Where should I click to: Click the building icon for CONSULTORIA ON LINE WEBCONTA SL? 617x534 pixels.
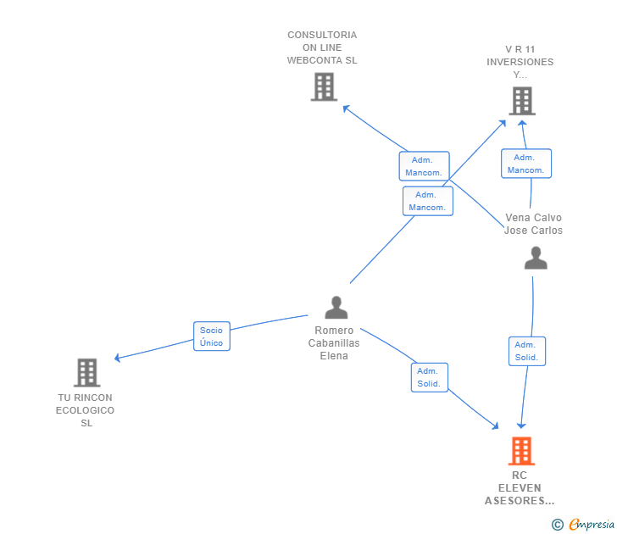325,86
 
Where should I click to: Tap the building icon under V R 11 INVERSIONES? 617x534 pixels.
522,101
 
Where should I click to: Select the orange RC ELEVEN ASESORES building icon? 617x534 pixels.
521,451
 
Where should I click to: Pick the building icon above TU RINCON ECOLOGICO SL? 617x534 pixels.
87,373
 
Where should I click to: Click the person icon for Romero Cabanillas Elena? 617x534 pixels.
336,308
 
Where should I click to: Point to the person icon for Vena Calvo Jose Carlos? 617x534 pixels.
536,258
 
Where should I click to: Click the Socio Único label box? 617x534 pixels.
212,337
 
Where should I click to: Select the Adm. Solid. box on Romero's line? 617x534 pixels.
430,377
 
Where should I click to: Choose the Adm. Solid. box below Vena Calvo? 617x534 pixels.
527,351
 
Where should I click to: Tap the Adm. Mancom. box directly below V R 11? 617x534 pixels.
526,164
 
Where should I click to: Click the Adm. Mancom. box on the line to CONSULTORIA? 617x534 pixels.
424,166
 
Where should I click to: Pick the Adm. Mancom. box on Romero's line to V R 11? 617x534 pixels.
428,201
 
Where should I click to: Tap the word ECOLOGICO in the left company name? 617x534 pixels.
85,410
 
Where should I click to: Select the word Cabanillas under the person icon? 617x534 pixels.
334,343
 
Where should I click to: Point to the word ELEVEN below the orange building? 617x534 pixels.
520,488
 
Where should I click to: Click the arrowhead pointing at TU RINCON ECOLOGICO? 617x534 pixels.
117,358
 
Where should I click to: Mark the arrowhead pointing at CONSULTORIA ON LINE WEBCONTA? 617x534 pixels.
346,108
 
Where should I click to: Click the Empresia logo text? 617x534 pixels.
592,524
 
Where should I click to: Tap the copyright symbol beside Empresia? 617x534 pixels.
558,525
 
